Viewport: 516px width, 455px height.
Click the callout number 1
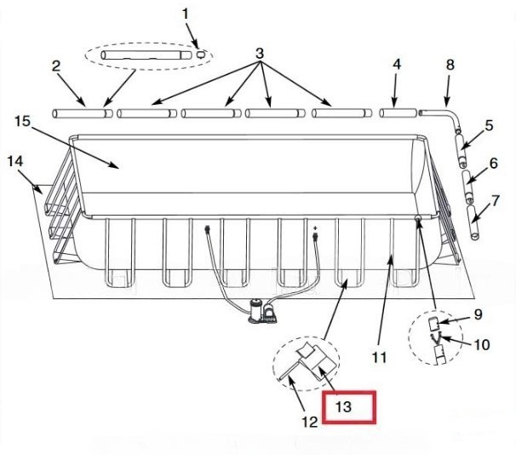tap(186, 14)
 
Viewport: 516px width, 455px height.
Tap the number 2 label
tap(56, 66)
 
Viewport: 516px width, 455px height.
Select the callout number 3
tap(260, 53)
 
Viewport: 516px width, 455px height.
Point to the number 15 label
tap(22, 121)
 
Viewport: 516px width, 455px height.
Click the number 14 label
tap(15, 161)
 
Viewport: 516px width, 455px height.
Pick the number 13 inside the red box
tap(343, 407)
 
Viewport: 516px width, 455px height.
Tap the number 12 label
tap(310, 422)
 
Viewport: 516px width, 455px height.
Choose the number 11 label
tap(379, 357)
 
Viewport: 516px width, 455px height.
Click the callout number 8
tap(450, 65)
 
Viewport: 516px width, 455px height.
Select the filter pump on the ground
tap(263, 312)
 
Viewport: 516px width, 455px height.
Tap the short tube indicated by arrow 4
tap(398, 113)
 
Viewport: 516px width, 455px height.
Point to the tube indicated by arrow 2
tap(83, 113)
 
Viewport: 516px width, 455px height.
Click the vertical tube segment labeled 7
tap(473, 223)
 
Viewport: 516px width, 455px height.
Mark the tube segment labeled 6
tap(468, 187)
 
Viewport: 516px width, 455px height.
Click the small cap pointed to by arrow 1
tap(201, 54)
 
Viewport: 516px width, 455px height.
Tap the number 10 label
tap(482, 345)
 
